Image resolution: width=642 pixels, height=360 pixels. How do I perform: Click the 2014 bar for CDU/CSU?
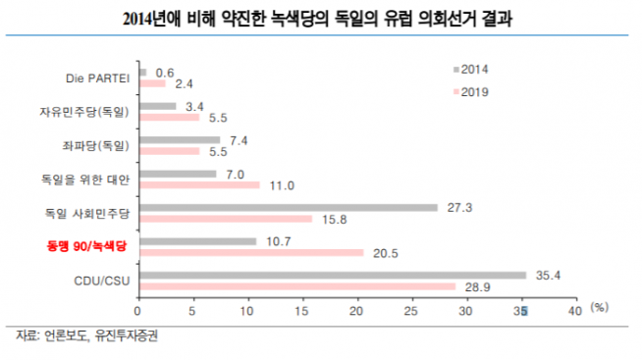pyautogui.click(x=334, y=276)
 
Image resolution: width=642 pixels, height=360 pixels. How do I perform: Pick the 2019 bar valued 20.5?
pyautogui.click(x=252, y=252)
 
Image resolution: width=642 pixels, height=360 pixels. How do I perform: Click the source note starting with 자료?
pyautogui.click(x=86, y=335)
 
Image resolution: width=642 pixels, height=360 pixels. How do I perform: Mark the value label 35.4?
pyautogui.click(x=548, y=275)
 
